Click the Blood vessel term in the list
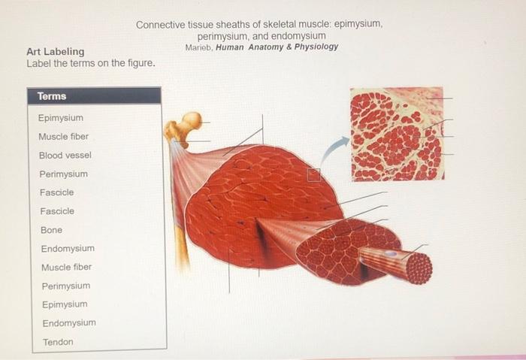tap(65, 156)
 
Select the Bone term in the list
tap(51, 230)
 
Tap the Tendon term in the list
tap(58, 342)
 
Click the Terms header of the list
tap(52, 96)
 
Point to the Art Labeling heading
tap(56, 52)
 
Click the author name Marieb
tap(198, 47)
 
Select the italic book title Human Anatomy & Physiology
tap(277, 47)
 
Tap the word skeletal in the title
tap(274, 25)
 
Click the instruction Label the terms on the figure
tap(91, 63)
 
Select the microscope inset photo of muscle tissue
tap(397, 135)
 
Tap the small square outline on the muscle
tap(314, 175)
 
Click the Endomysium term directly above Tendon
tap(69, 323)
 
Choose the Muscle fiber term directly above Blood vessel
tap(64, 137)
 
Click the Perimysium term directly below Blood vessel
tap(64, 174)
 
